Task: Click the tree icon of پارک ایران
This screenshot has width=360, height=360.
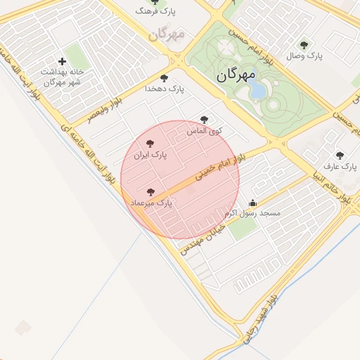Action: click(149, 143)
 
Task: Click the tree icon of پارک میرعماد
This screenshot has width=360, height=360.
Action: click(150, 191)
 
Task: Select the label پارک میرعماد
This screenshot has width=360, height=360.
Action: click(151, 202)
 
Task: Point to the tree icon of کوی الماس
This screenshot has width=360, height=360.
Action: click(205, 120)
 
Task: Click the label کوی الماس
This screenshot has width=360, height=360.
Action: click(205, 131)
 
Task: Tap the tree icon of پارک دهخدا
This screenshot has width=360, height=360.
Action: click(165, 78)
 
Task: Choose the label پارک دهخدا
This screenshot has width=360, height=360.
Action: click(165, 89)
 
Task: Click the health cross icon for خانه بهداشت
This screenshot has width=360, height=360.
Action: click(63, 62)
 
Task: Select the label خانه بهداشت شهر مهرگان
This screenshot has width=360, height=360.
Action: click(62, 77)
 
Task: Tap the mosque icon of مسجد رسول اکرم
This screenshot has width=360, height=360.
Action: click(253, 202)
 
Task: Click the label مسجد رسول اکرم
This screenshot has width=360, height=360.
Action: click(252, 212)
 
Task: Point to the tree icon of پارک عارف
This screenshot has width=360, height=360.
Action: click(340, 155)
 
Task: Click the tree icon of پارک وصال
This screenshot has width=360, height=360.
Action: click(304, 45)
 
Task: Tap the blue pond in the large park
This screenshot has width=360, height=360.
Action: click(257, 90)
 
